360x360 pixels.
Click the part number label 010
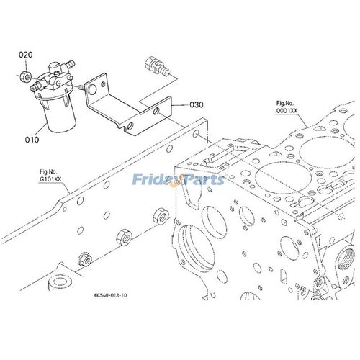coord(32,140)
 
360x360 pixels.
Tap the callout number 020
coord(25,55)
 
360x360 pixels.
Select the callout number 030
coord(197,104)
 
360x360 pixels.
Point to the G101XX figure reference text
coord(50,179)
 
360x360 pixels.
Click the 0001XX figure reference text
coord(287,111)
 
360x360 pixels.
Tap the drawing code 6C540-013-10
coord(111,295)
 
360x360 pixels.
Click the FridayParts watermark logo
coord(179,180)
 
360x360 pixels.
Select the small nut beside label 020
coord(25,76)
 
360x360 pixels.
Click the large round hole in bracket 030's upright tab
coord(92,89)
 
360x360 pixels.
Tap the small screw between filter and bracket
coord(81,87)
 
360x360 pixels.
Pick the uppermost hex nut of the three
coord(161,216)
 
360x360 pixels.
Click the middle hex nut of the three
coord(124,237)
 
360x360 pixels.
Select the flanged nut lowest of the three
coord(85,259)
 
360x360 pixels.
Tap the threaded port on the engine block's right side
coord(346,259)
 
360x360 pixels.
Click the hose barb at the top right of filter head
coord(71,64)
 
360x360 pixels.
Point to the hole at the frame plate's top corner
coord(196,133)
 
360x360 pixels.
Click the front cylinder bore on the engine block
coord(283,178)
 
